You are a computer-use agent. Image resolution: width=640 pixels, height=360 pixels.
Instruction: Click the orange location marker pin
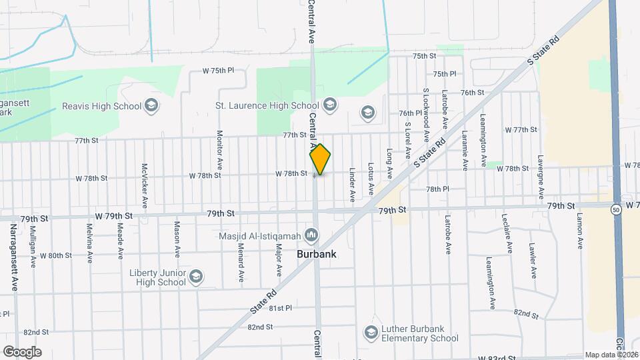coord(320,159)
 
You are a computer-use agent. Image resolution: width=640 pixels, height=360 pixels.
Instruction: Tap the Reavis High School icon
coord(151,105)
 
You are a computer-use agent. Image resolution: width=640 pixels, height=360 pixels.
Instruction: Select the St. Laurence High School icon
coord(329,105)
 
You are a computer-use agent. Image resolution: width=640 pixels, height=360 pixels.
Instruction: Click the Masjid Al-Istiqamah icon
coord(311,235)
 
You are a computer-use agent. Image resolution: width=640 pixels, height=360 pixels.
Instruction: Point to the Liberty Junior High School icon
coord(195,277)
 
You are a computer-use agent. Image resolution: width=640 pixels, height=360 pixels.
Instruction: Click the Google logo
coord(22,351)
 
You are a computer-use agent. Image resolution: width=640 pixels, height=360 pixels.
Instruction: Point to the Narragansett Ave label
coord(13,257)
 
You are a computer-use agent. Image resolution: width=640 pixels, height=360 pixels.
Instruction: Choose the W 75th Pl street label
coord(219,70)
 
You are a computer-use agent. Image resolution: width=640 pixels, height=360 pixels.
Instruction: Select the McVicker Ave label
coord(144,185)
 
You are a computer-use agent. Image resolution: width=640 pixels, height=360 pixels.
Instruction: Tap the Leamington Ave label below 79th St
coord(491,283)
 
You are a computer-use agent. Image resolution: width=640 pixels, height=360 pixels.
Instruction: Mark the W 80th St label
coord(55,255)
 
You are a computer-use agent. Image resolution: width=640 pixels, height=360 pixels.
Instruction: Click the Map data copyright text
coord(611,355)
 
